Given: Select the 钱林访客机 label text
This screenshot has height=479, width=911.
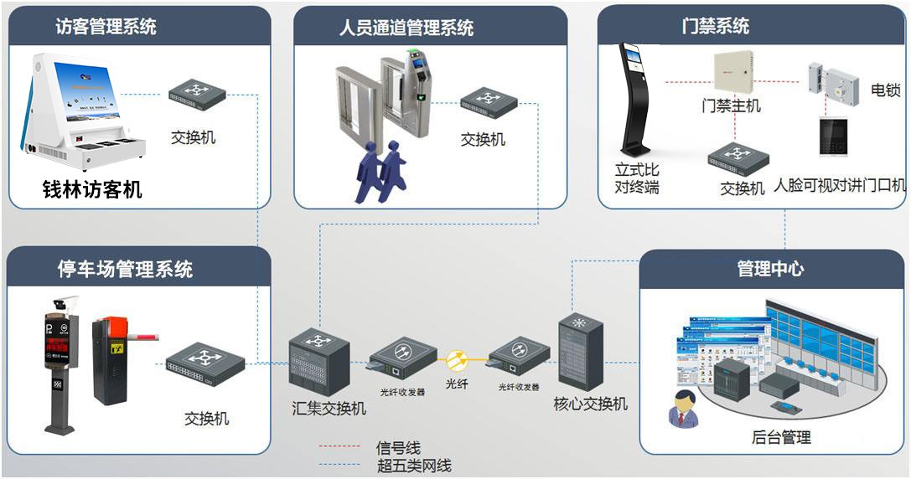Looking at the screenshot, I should click(x=92, y=190).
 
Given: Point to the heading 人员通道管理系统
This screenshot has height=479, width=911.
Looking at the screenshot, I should click(x=406, y=28).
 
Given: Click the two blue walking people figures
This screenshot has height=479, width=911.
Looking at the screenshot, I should click(x=381, y=171).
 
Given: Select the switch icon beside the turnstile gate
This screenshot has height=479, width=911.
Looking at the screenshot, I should click(x=487, y=101).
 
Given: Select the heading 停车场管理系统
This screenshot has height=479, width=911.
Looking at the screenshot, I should click(x=125, y=269).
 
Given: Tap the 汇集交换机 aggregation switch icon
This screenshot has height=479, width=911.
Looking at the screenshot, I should click(x=318, y=361).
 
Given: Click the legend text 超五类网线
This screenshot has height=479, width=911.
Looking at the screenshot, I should click(x=414, y=465).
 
